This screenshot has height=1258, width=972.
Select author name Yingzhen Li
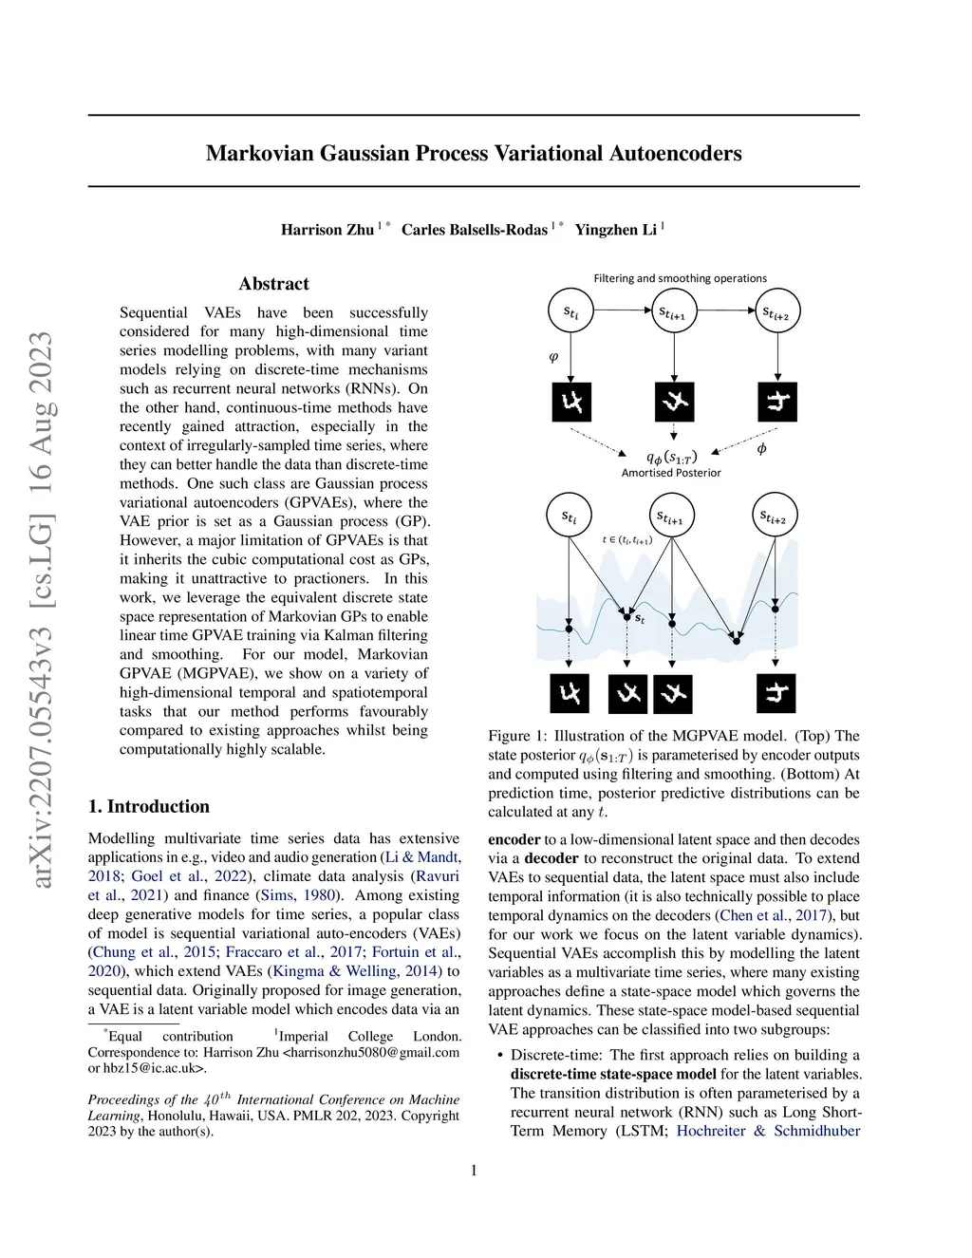(x=615, y=230)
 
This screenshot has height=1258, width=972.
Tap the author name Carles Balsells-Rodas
(x=474, y=230)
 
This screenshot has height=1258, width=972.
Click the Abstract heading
(x=273, y=284)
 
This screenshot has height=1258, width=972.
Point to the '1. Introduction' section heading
(x=149, y=806)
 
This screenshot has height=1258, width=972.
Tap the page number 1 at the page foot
(x=474, y=1170)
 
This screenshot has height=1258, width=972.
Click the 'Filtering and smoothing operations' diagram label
(x=680, y=278)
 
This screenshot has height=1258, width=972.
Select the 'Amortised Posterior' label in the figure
(x=671, y=473)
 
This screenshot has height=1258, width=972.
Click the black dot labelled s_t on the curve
(x=626, y=616)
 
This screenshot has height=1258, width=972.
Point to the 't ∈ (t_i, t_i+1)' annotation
(x=626, y=540)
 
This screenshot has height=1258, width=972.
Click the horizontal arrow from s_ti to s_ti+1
(x=622, y=310)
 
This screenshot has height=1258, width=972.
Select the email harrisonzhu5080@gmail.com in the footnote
(x=374, y=1052)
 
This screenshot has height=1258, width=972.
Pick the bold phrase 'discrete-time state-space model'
(x=613, y=1074)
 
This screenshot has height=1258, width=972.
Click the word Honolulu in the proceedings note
(x=177, y=1116)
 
